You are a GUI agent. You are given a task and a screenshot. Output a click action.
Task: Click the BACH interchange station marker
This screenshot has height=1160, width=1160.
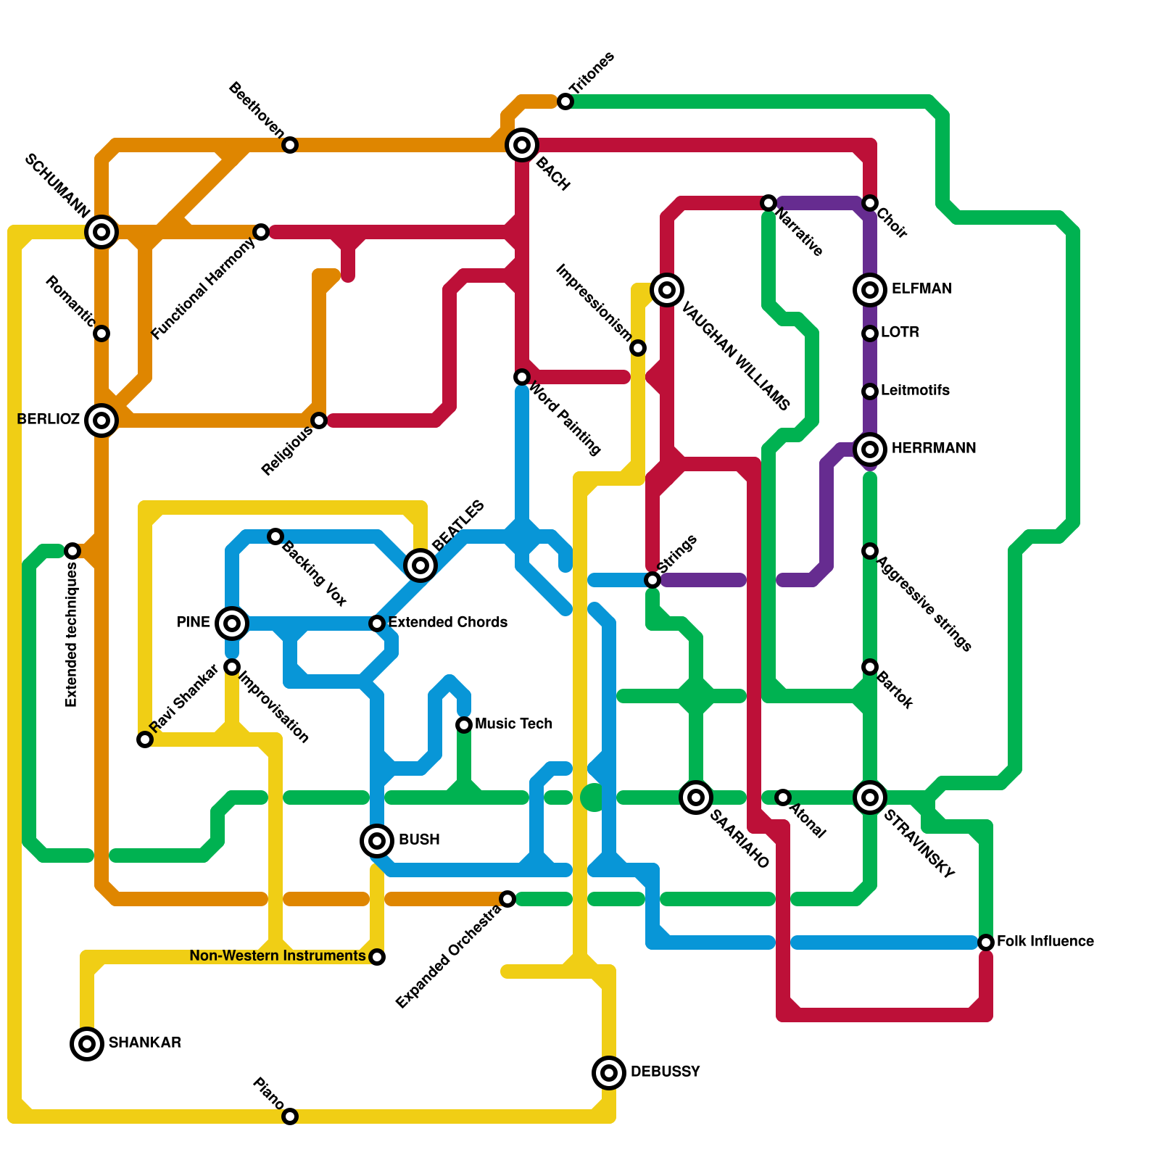(522, 145)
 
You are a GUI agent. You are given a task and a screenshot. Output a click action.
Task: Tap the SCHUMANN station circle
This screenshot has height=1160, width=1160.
(101, 232)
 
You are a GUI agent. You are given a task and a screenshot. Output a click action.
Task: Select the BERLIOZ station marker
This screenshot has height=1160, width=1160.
(101, 420)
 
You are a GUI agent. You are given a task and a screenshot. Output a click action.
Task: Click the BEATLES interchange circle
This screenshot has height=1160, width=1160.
(420, 565)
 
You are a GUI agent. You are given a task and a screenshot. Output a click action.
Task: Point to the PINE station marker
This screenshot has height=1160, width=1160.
(232, 623)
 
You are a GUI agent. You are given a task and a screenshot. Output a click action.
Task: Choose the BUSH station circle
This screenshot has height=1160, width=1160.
(377, 841)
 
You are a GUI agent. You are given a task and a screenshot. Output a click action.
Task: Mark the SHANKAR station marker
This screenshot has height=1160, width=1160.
(87, 1044)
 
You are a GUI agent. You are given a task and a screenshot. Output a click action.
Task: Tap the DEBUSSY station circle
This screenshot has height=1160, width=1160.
(609, 1072)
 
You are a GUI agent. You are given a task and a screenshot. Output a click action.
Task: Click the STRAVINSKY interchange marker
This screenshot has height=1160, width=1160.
(870, 797)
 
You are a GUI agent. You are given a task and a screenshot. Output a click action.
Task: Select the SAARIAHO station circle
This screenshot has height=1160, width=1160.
(696, 797)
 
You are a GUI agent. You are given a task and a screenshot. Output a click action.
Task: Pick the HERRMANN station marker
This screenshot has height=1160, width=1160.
(870, 449)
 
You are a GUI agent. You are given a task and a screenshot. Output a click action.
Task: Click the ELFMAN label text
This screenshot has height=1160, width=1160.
(921, 289)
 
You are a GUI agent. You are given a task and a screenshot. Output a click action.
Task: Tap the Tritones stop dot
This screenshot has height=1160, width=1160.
(565, 102)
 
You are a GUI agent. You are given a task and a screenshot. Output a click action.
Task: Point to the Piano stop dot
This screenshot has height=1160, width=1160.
(290, 1116)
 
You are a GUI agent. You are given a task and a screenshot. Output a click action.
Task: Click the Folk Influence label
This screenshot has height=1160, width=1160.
(1045, 942)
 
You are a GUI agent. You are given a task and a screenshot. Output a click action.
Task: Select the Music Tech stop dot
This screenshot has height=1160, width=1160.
(464, 724)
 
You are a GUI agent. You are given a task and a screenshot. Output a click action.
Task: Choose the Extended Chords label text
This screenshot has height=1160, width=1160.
(447, 623)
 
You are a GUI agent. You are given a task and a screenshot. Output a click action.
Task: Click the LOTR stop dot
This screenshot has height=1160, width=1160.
(870, 333)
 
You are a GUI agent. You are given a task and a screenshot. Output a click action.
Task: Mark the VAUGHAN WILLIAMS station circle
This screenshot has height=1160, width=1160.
(667, 290)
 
